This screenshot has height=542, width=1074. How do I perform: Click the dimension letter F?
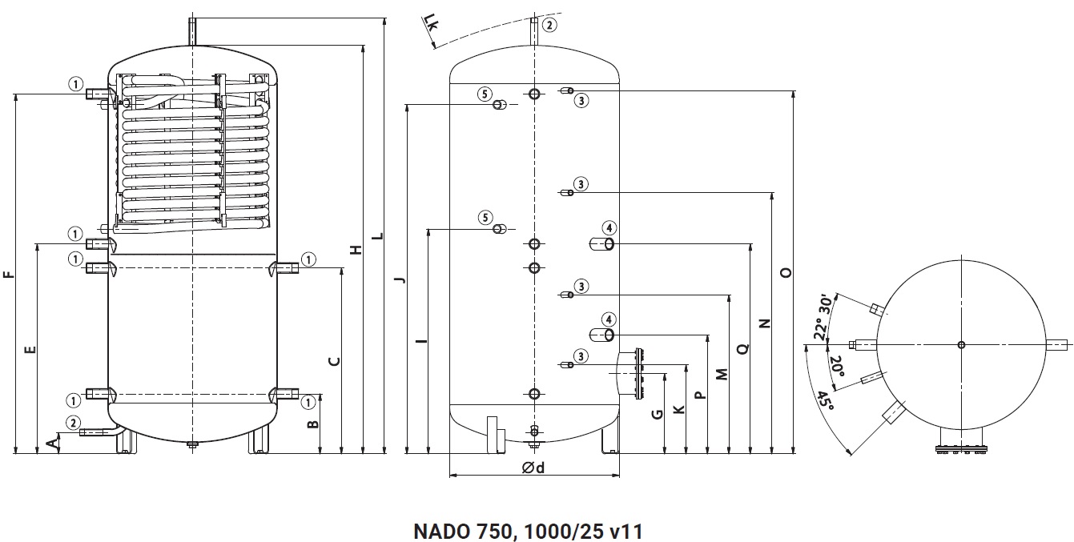[x=9, y=275]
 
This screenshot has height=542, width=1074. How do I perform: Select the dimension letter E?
[x=30, y=349]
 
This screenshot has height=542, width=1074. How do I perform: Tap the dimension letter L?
[x=378, y=237]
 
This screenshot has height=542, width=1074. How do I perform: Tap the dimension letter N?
[x=764, y=323]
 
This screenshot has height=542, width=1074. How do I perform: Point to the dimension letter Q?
[x=742, y=348]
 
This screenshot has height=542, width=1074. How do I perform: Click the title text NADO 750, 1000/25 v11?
[x=529, y=531]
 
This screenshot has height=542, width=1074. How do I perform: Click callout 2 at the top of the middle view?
[x=549, y=25]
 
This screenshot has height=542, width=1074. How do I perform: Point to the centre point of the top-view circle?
[x=961, y=345]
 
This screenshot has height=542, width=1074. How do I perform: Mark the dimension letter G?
[x=657, y=414]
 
